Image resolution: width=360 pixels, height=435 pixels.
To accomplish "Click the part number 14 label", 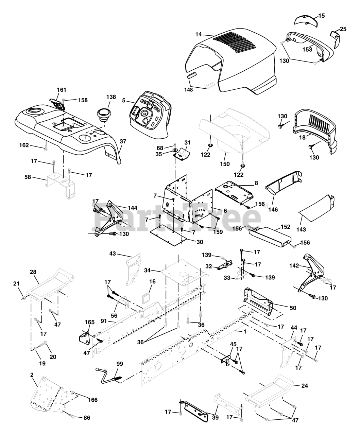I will [199, 34].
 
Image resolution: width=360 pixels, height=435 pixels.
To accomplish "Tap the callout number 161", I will [62, 90].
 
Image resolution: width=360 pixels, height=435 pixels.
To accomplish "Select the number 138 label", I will [101, 97].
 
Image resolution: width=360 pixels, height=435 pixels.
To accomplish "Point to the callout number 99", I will [119, 364].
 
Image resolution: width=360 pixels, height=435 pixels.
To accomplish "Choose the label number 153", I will [307, 50].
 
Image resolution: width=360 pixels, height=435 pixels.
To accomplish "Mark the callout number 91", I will [104, 321].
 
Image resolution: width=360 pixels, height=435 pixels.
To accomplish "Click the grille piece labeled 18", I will [314, 131].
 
